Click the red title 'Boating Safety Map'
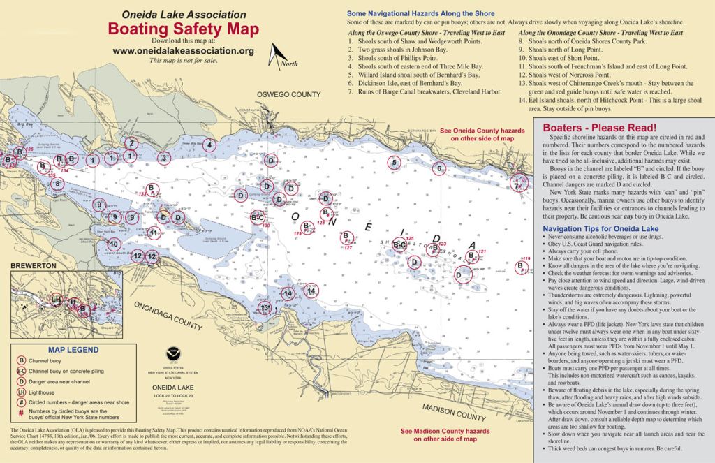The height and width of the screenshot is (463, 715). tap(183, 29)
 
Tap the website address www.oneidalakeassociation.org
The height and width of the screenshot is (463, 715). tap(183, 50)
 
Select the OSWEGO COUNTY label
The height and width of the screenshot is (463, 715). tap(288, 94)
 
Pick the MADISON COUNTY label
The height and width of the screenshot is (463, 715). tap(453, 412)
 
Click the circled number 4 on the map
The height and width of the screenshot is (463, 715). tap(209, 145)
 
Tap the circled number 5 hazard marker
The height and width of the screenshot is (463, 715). tap(395, 163)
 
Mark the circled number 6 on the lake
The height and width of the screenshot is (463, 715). tap(439, 168)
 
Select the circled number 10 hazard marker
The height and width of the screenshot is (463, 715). tap(113, 244)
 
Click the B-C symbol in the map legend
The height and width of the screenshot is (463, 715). tap(21, 372)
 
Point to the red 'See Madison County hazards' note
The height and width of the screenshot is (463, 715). tap(439, 435)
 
